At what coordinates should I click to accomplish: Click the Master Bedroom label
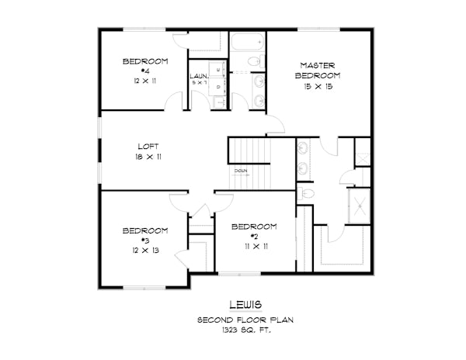coord(319,71)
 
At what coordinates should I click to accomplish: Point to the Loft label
coord(148,146)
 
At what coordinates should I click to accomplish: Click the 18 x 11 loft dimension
coord(148,157)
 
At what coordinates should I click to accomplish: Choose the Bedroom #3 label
coord(145,235)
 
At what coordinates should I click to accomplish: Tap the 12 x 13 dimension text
coord(145,251)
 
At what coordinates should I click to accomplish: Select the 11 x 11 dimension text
coord(254,246)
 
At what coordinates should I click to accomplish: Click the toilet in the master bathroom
coord(307,193)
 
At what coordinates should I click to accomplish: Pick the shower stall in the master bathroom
coord(360,206)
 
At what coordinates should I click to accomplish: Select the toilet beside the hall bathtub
coord(254,61)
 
